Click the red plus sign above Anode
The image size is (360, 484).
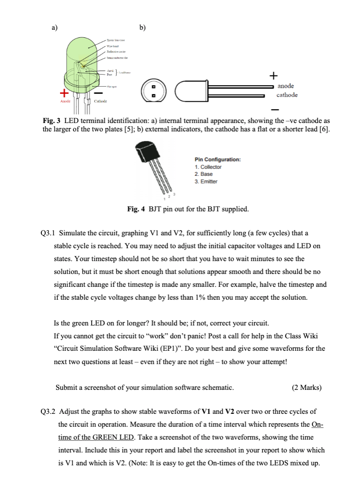(x=64, y=93)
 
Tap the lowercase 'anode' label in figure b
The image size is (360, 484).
(x=285, y=86)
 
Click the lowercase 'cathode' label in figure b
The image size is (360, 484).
(x=287, y=95)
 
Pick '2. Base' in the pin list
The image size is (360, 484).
(x=204, y=174)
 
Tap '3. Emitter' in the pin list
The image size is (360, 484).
(x=206, y=181)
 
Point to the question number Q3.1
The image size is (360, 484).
(x=48, y=233)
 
